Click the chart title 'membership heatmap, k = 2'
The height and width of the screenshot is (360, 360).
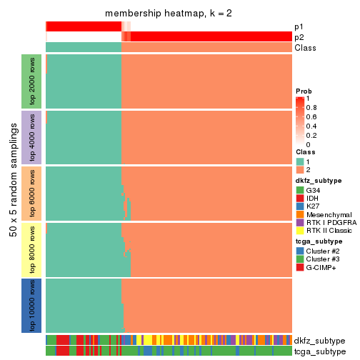tap(169, 14)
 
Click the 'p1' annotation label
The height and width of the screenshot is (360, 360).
tap(299, 26)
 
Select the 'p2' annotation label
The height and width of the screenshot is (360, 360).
tap(299, 37)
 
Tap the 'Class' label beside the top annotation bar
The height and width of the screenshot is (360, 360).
tap(305, 48)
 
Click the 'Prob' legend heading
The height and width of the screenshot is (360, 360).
tap(304, 91)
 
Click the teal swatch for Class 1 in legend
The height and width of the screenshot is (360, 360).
tap(301, 161)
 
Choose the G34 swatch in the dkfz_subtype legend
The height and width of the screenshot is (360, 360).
tap(301, 190)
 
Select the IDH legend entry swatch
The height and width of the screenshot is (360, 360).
tap(301, 199)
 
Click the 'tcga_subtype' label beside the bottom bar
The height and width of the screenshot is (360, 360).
tap(319, 351)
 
